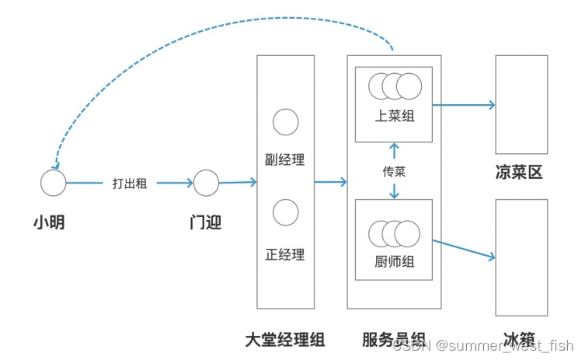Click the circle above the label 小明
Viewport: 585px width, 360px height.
tap(54, 183)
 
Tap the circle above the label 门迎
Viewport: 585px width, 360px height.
tap(206, 183)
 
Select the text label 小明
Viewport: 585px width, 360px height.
tap(48, 222)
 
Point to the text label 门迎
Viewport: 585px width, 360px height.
tap(206, 222)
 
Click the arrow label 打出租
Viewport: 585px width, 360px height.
tap(130, 183)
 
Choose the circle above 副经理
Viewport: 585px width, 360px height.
tap(286, 121)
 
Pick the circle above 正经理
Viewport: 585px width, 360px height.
tap(286, 211)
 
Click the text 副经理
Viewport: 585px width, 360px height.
tap(285, 160)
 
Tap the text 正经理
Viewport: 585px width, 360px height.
tap(285, 254)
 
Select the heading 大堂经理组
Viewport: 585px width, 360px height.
tap(284, 340)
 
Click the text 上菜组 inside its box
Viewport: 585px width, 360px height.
tap(394, 116)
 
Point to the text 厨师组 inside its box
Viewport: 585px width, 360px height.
tap(394, 262)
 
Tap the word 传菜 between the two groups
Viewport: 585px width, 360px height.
tap(394, 171)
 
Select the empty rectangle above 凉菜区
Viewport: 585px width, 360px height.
tap(521, 104)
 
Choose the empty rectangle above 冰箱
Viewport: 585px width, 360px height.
tap(521, 257)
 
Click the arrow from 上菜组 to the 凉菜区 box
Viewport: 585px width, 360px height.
tap(464, 104)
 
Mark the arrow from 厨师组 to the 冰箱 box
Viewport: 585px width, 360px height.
tap(464, 249)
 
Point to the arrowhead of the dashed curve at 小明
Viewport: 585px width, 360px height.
tap(54, 166)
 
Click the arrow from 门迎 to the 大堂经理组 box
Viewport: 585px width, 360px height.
tap(238, 183)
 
